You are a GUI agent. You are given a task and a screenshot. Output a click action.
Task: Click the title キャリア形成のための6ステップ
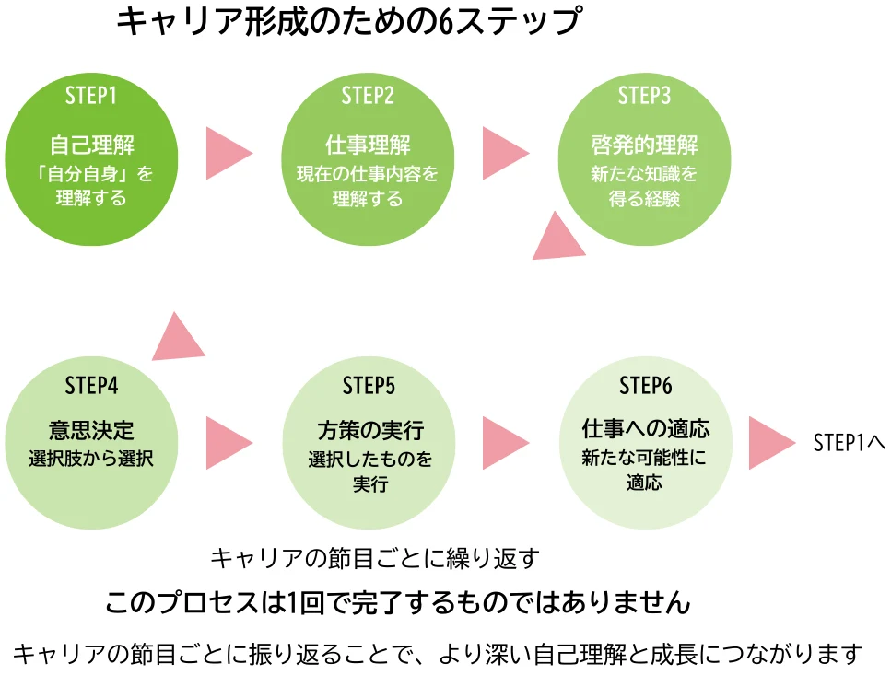[x=349, y=23]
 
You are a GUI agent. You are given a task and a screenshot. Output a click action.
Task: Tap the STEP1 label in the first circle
[x=91, y=95]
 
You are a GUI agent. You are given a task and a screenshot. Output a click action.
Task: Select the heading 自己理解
[x=91, y=145]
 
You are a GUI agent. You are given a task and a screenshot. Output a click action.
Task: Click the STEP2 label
[x=368, y=95]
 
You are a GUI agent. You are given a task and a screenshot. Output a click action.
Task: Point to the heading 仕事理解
[x=368, y=145]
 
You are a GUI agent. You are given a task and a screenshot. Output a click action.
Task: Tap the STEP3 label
[x=644, y=95]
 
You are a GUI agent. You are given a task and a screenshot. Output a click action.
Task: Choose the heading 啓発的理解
[x=644, y=145]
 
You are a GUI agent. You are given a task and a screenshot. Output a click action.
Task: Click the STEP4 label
[x=91, y=385]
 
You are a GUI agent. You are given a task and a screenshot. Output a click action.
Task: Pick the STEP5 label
[x=368, y=385]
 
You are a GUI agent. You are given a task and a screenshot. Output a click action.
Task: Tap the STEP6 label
[x=644, y=385]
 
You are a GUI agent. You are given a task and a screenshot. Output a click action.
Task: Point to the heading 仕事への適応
[x=644, y=430]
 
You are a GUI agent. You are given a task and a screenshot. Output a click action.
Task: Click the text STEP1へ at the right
[x=849, y=442]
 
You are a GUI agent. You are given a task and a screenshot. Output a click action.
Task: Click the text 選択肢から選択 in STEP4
[x=91, y=459]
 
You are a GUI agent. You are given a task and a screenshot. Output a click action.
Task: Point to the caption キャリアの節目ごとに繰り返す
[x=374, y=558]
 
